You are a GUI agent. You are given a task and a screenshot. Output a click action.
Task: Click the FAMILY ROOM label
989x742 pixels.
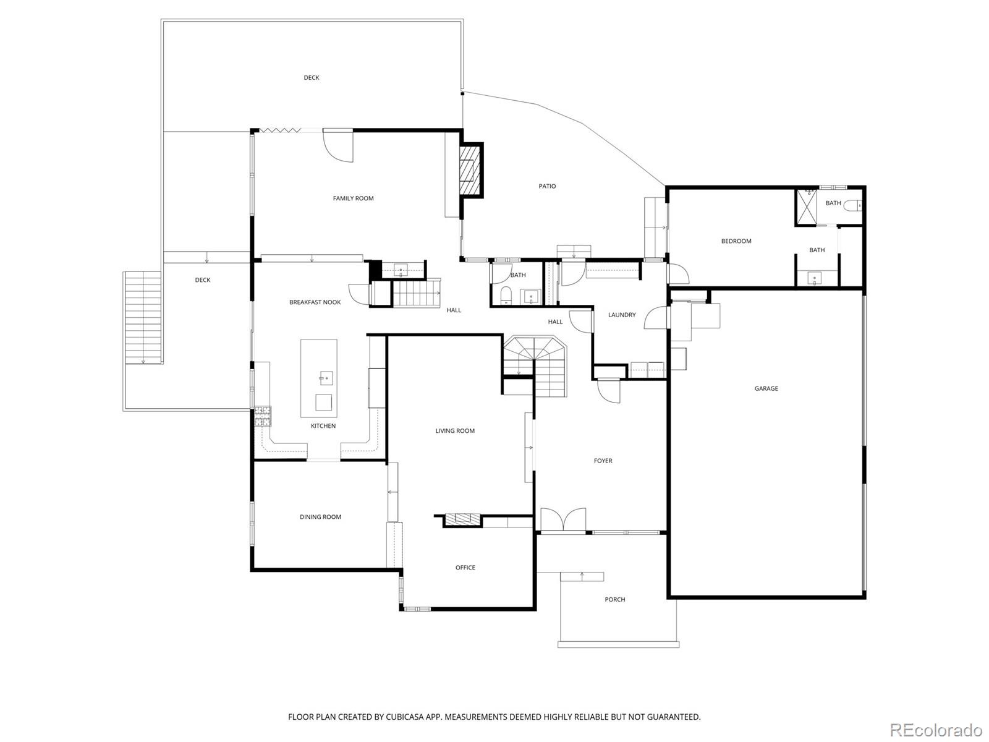(353, 198)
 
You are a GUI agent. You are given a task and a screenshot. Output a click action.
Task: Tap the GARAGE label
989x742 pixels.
(766, 388)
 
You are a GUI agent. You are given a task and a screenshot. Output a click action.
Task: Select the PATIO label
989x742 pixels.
(547, 186)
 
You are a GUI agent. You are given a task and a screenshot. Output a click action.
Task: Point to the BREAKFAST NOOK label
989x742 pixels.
(315, 302)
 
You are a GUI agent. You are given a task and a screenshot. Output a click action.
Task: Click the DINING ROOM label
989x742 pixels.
(320, 517)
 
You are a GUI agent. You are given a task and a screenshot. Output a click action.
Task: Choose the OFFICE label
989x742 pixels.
(465, 568)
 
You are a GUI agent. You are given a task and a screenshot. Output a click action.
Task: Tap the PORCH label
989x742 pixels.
(614, 600)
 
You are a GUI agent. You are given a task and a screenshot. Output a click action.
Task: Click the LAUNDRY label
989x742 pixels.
(621, 315)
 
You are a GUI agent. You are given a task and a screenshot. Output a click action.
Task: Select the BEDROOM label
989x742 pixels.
(736, 241)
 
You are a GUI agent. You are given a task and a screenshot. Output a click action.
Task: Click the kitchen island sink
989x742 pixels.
(326, 378)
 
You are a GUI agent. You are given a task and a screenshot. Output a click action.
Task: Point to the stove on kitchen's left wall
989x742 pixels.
(263, 416)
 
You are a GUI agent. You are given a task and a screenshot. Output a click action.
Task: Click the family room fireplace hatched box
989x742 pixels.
(470, 171)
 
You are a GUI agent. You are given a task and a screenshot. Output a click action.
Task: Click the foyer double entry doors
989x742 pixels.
(562, 521)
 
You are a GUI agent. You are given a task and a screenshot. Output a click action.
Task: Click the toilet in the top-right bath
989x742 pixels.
(853, 205)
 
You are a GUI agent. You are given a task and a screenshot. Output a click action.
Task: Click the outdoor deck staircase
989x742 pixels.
(143, 318)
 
